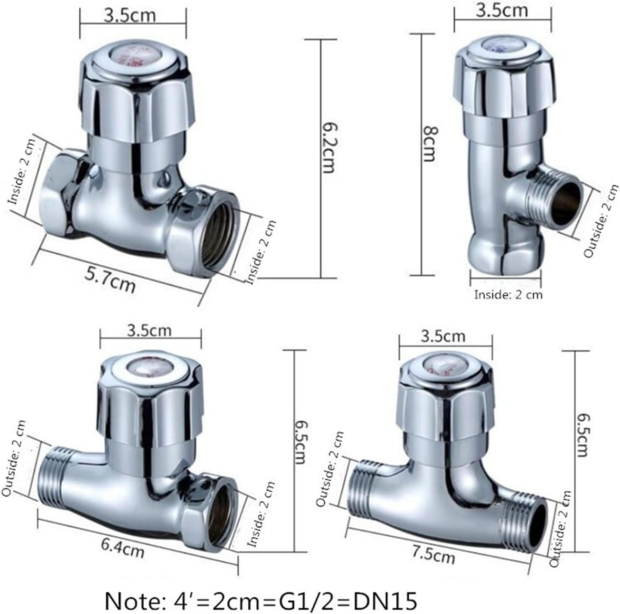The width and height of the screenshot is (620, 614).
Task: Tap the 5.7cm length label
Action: coord(110,280)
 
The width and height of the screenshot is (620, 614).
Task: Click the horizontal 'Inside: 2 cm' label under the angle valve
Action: coord(508,295)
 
